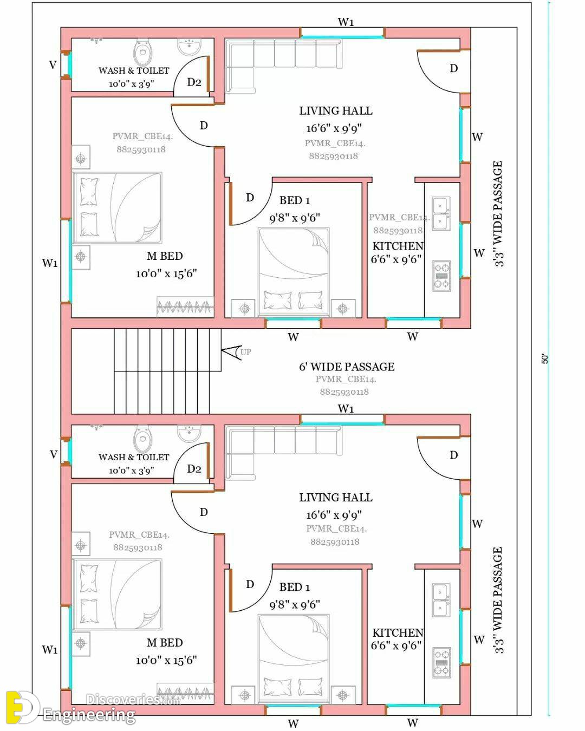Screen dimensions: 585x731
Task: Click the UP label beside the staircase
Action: click(x=245, y=352)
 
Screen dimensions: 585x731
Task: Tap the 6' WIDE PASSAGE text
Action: click(x=347, y=367)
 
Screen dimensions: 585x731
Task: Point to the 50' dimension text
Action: click(x=544, y=359)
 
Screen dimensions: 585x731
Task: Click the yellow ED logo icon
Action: click(x=22, y=707)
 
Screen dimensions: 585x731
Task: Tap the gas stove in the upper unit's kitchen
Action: click(x=441, y=276)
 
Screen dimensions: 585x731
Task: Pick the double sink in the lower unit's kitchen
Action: click(x=441, y=600)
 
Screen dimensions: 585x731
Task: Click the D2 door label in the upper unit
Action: click(x=194, y=82)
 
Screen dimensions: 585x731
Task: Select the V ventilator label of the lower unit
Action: click(x=54, y=454)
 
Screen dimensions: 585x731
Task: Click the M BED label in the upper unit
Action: click(x=165, y=256)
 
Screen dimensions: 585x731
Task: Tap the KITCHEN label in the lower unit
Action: click(x=398, y=633)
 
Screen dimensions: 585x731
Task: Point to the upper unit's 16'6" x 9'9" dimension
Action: click(x=334, y=128)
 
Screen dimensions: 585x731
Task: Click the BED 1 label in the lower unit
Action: click(x=295, y=587)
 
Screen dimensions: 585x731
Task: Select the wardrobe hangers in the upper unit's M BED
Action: click(x=185, y=307)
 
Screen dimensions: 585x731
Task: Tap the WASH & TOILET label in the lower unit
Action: click(x=134, y=457)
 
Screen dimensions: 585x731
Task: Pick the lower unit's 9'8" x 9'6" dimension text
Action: click(x=295, y=605)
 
